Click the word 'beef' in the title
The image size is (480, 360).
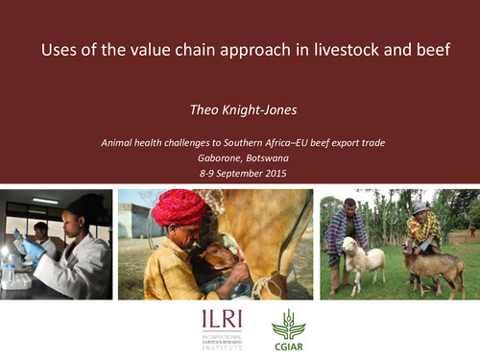point(421,50)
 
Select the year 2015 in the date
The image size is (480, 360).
point(278,176)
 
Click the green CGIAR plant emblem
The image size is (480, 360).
point(288,324)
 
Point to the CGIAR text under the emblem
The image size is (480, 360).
point(288,347)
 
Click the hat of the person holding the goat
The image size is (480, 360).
point(420,206)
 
